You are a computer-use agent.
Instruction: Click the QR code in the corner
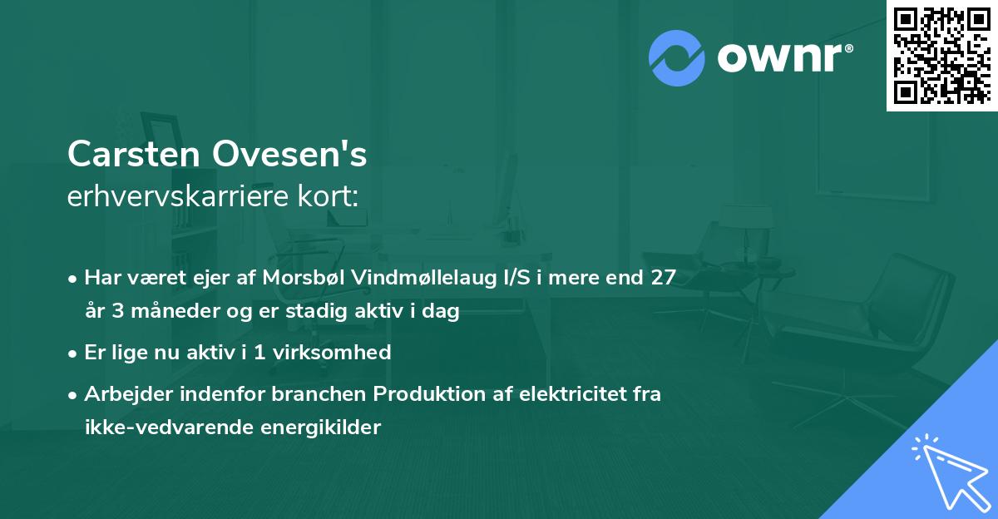[x=941, y=56]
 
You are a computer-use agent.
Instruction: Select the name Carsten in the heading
[x=133, y=154]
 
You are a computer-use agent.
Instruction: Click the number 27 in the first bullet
[x=662, y=278]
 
